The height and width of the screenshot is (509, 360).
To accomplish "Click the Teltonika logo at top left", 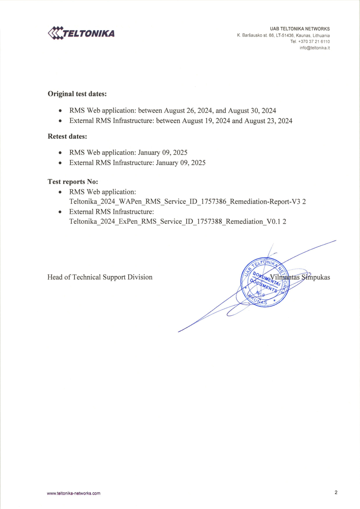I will click(x=81, y=33).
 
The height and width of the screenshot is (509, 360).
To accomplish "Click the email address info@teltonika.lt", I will click(x=315, y=48).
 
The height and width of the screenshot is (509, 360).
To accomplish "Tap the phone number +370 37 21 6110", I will click(x=314, y=42).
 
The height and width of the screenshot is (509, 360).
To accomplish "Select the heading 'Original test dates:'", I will click(x=77, y=94).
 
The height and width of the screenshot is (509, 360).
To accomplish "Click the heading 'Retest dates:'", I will click(x=67, y=136).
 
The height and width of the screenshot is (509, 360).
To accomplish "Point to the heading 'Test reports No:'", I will click(x=73, y=182).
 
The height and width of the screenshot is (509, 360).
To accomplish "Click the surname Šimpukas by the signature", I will click(x=316, y=277).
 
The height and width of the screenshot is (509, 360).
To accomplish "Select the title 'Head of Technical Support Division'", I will click(x=100, y=277).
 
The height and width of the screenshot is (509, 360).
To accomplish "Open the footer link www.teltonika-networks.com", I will click(x=74, y=493).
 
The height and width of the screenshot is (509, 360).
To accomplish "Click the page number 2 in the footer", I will click(x=336, y=492).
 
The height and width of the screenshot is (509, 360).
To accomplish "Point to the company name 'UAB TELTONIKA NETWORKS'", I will click(x=300, y=29).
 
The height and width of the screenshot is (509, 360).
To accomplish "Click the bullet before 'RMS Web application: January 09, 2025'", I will click(x=60, y=153).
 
